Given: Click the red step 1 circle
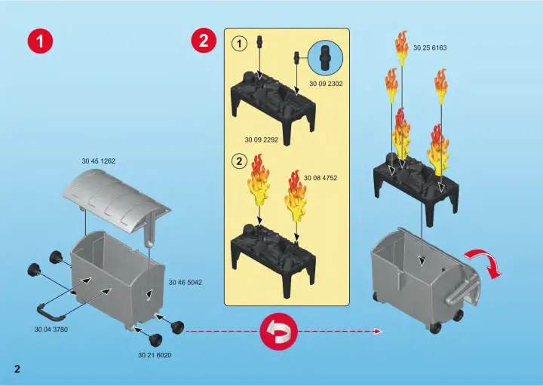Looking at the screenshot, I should tap(40, 42).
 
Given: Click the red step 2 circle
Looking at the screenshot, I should tap(203, 42).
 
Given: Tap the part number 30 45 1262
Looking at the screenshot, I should tap(98, 161).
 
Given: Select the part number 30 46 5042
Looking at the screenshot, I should tap(185, 282).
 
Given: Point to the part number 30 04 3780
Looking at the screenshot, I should tap(51, 329).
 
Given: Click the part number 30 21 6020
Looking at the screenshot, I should tap(154, 354).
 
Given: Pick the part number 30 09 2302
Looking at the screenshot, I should tap(326, 84).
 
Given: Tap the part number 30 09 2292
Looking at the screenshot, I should tap(261, 139).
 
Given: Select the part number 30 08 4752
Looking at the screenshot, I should tap(321, 178).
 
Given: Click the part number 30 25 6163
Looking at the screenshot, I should tap(430, 47).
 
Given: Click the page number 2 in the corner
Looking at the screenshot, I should tap(15, 368).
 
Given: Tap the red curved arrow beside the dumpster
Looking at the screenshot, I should tap(486, 264).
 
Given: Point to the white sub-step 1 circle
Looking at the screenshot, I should tap(239, 44).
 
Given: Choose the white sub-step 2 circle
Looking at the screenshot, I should tap(239, 161).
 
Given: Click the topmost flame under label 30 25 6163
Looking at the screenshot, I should tap(402, 46).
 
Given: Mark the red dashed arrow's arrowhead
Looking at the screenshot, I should tap(377, 331).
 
